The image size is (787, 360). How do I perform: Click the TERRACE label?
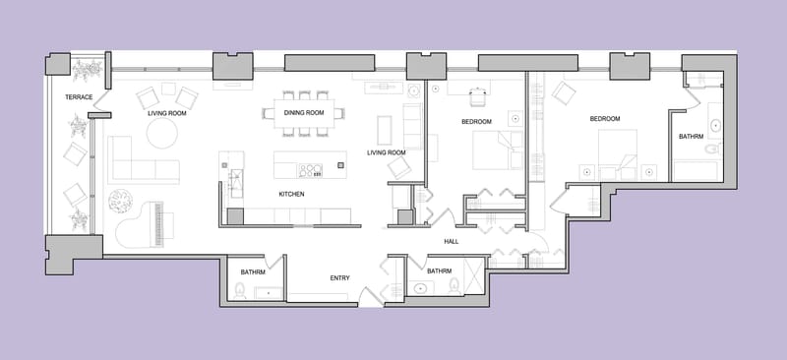(x=79, y=97)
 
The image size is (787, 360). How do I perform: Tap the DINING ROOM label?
(x=304, y=113)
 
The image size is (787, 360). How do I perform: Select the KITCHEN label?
(x=291, y=195)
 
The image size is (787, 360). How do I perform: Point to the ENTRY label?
(x=339, y=278)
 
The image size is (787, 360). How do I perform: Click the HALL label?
(x=452, y=241)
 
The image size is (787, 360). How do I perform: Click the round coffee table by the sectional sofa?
(x=162, y=134)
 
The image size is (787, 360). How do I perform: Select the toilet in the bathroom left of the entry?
(x=238, y=290)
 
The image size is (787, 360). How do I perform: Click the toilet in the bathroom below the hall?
(x=454, y=286)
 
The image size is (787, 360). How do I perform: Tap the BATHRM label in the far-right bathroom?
(x=692, y=137)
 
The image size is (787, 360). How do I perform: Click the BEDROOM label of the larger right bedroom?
(x=605, y=119)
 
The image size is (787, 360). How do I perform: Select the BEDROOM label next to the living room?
(x=476, y=122)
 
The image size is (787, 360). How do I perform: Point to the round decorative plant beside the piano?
(x=120, y=201)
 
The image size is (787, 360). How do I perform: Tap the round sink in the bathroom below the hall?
(x=420, y=289)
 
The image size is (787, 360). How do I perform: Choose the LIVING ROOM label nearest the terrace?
(x=166, y=113)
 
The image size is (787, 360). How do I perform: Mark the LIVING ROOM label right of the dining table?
(x=387, y=152)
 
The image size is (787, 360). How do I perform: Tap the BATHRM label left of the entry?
(x=253, y=271)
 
